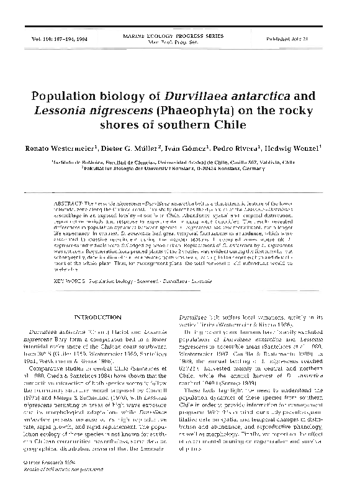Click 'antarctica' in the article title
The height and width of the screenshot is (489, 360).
click(233, 97)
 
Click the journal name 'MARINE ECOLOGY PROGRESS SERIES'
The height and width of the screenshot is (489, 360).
click(180, 37)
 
